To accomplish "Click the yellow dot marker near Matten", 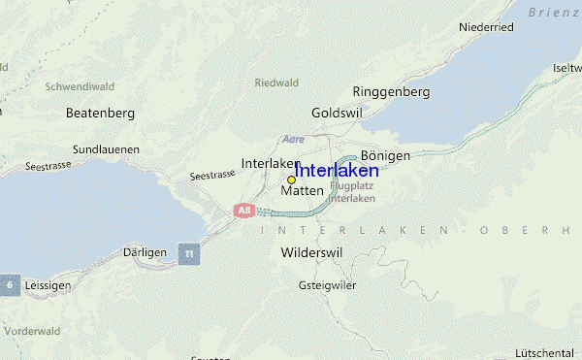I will (x=291, y=180).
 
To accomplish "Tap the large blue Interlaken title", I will (x=337, y=170).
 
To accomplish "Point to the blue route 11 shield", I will (x=190, y=253).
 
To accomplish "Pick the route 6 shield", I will (x=10, y=284).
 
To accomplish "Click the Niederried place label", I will (x=486, y=27).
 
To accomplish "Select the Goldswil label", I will (x=336, y=113).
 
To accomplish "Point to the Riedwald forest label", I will (x=276, y=82).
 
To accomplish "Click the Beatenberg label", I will (x=99, y=113).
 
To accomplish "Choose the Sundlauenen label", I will (x=106, y=149).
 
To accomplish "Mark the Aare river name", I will (x=293, y=140).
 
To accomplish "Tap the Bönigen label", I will (x=385, y=155).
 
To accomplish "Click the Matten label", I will (x=302, y=191).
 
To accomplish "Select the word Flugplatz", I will (x=352, y=185).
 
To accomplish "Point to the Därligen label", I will (x=145, y=251).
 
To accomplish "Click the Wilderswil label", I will (x=311, y=252).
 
